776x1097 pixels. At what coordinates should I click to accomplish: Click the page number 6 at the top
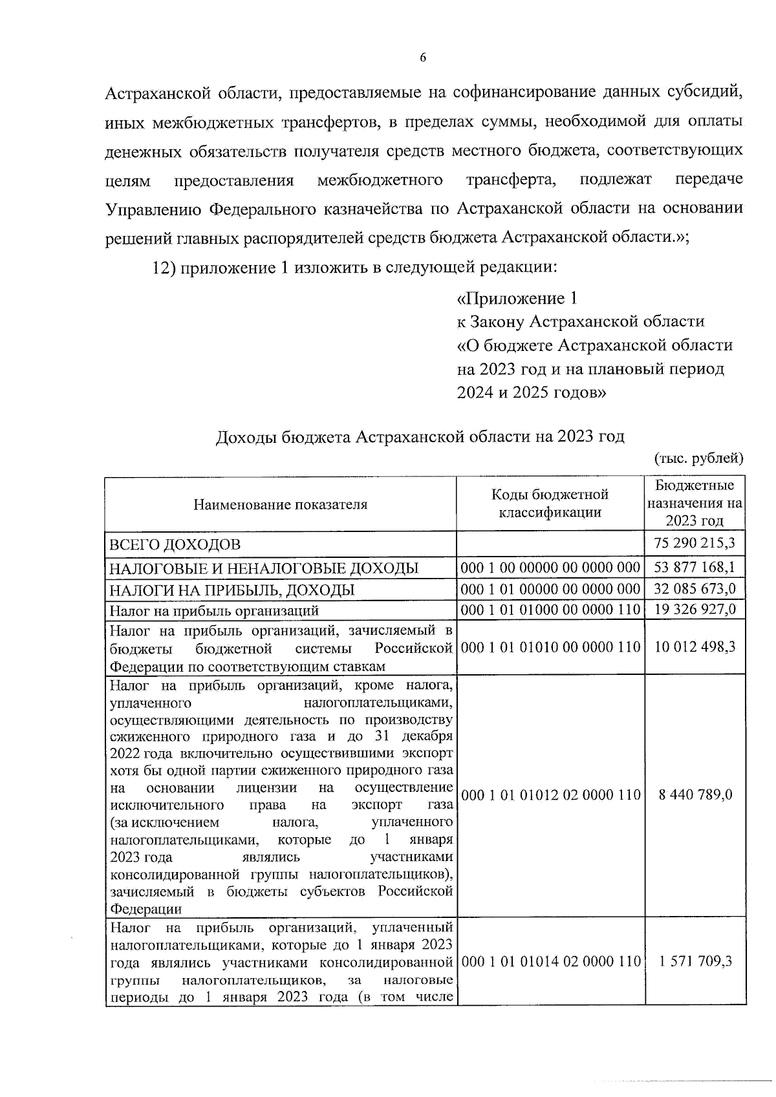[423, 58]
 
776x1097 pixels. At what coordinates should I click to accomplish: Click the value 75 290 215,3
[695, 542]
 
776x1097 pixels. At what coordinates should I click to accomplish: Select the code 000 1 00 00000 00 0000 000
[550, 568]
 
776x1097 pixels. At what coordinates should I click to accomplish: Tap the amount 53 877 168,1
[695, 568]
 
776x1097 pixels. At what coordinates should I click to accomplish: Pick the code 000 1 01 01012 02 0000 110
[550, 794]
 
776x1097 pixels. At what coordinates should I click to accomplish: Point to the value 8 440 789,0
[695, 794]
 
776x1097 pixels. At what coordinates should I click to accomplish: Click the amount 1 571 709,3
[695, 961]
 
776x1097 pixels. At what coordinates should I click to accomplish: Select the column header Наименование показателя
[280, 504]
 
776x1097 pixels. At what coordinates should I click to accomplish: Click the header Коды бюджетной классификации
[550, 504]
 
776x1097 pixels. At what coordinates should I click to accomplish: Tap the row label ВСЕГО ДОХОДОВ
[175, 544]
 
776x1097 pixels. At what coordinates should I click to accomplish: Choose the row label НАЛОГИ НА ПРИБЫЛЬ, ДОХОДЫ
[232, 590]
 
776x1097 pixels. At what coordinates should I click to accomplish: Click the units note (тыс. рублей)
[698, 458]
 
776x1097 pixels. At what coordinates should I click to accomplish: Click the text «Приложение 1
[517, 298]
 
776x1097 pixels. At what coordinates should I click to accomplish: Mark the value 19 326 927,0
[695, 610]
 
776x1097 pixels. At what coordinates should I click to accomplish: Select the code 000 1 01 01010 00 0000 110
[550, 647]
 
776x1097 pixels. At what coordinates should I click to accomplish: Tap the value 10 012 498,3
[695, 647]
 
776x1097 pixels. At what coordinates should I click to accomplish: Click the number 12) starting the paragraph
[164, 267]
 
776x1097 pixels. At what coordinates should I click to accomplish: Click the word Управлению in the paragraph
[152, 209]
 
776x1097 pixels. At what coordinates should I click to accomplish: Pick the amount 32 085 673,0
[695, 589]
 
